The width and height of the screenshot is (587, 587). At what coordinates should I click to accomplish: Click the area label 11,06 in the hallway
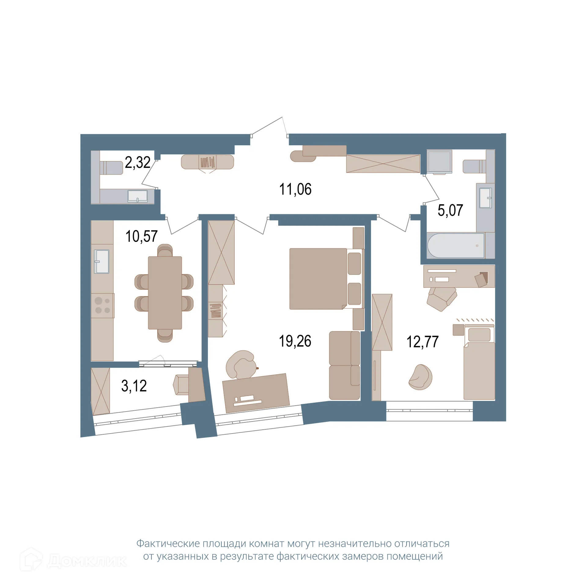(x=295, y=189)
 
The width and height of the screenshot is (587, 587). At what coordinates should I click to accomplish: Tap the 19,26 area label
(x=295, y=341)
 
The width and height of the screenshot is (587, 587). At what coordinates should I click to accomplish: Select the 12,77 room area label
(x=422, y=342)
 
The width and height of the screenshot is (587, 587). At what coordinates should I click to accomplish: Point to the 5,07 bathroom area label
(x=450, y=210)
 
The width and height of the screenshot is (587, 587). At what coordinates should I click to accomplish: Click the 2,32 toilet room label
(x=138, y=162)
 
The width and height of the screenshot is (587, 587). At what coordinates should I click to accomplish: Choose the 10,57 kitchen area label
(x=141, y=236)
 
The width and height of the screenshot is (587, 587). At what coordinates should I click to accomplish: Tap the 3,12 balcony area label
(x=134, y=386)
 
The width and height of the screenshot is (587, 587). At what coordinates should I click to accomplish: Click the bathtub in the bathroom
(x=456, y=246)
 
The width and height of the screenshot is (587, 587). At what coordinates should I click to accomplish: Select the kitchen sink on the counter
(x=102, y=261)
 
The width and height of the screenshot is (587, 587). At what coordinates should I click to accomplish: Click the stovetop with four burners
(x=102, y=305)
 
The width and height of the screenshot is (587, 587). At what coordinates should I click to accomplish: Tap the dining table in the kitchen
(x=165, y=293)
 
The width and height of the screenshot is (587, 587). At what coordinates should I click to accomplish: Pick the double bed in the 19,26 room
(x=321, y=279)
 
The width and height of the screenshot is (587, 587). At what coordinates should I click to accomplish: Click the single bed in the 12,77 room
(x=479, y=363)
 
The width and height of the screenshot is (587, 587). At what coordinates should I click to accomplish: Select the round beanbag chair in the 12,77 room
(x=421, y=377)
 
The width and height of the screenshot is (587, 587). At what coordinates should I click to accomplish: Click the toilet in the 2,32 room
(x=111, y=168)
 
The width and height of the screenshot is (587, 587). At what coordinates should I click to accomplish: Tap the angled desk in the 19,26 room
(x=256, y=393)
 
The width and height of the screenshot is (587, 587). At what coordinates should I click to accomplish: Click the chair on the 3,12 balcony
(x=181, y=385)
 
